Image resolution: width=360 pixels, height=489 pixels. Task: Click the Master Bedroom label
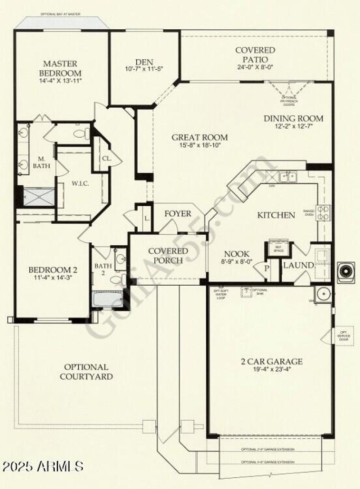click(60, 68)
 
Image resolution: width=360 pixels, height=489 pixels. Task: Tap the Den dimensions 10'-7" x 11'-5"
click(144, 69)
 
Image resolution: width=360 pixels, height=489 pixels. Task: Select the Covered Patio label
click(255, 55)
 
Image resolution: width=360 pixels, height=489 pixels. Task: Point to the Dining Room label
click(293, 119)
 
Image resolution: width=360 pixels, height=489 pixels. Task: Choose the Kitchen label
click(276, 215)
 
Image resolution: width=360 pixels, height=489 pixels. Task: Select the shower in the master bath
click(38, 196)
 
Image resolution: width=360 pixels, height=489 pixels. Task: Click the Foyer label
click(177, 214)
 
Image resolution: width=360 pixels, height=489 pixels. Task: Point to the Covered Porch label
click(168, 256)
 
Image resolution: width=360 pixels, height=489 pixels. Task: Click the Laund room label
click(298, 266)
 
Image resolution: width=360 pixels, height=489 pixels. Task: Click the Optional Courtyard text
click(86, 372)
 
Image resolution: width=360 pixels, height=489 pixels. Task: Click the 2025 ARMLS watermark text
click(42, 465)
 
